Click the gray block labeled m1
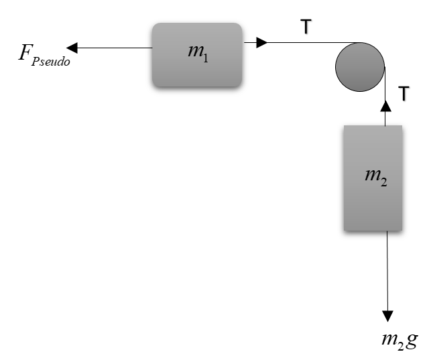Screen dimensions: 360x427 (196, 55)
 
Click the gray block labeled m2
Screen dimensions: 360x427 (373, 178)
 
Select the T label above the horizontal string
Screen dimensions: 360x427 (306, 26)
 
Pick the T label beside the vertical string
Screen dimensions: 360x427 (404, 94)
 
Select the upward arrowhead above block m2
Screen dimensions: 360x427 (385, 105)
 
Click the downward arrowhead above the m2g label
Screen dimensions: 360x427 (387, 316)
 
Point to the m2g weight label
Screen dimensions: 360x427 (399, 340)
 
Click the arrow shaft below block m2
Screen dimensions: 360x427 (387, 272)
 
